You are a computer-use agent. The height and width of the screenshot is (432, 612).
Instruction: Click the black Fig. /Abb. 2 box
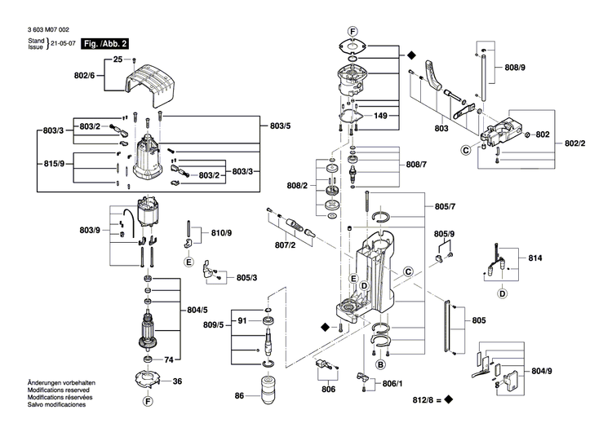click(106, 42)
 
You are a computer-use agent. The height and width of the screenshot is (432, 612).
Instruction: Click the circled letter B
click(379, 366)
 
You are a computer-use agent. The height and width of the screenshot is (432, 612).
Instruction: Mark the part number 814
click(535, 258)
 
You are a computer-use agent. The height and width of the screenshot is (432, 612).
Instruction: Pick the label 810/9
click(221, 234)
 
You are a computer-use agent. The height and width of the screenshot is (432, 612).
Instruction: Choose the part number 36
click(178, 381)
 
